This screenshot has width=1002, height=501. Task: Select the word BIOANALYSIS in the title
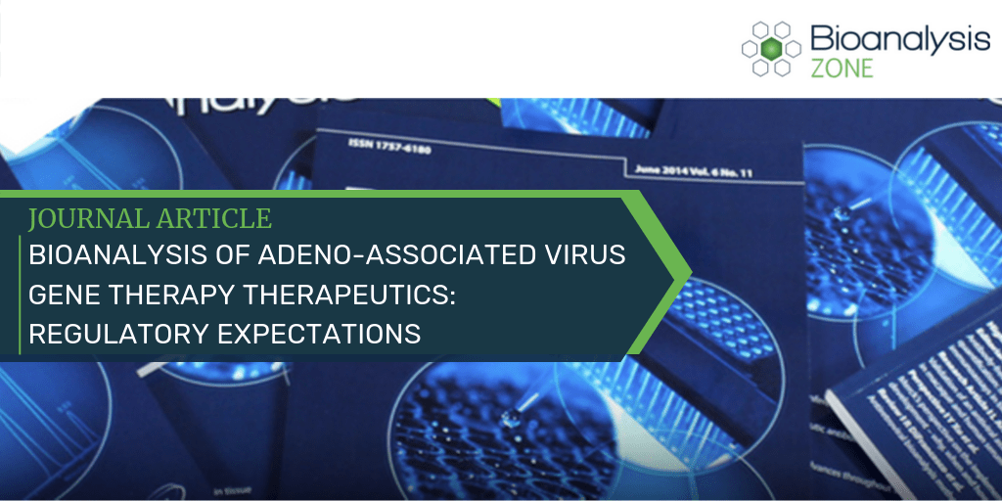click(108, 256)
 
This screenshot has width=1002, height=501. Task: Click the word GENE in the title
click(65, 296)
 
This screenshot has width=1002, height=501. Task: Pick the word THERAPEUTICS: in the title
click(358, 296)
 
